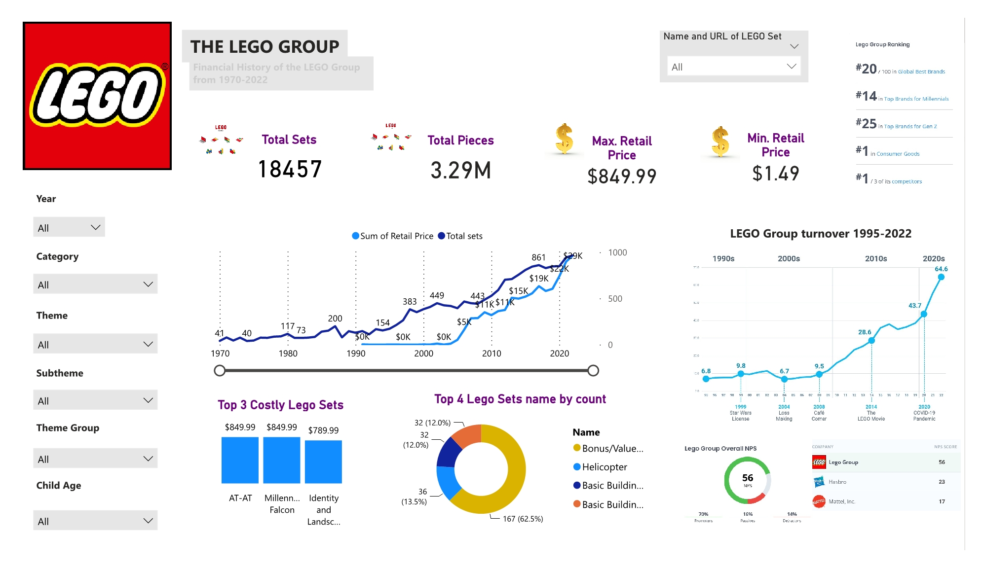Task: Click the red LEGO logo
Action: click(97, 96)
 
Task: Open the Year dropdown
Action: click(69, 227)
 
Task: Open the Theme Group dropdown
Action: click(95, 459)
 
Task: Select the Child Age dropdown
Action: click(95, 521)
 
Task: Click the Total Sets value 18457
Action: click(290, 170)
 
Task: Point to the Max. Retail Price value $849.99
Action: click(622, 176)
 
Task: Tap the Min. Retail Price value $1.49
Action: click(775, 174)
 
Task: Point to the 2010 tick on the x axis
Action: click(491, 354)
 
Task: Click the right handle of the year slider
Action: click(593, 371)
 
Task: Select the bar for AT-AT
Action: click(240, 460)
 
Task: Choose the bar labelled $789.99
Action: click(323, 461)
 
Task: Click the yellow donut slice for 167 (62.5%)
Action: click(513, 473)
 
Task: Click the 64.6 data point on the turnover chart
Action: click(941, 277)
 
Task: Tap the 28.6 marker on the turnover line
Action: click(871, 340)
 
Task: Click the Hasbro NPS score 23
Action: click(942, 482)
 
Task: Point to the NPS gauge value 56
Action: click(748, 478)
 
